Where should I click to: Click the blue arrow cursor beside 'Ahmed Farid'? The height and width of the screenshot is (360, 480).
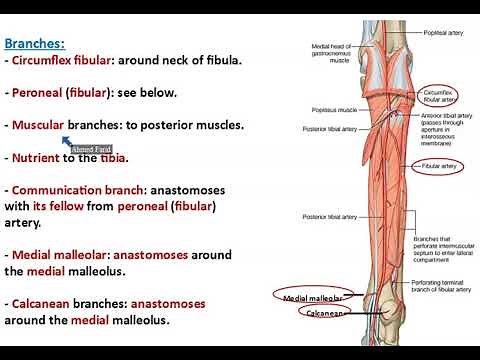64,142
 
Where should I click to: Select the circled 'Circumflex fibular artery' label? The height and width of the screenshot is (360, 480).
440,95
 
